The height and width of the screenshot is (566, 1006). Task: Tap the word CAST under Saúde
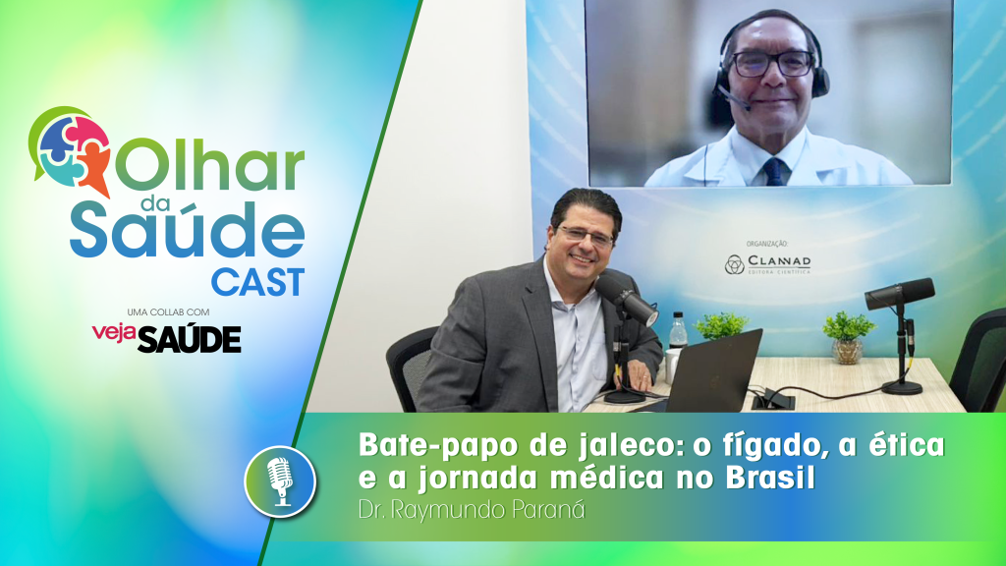click(x=257, y=282)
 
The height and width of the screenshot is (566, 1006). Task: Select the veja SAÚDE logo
click(x=166, y=338)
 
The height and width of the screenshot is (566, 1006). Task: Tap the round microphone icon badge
click(x=280, y=479)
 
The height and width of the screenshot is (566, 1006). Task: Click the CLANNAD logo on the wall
click(x=767, y=263)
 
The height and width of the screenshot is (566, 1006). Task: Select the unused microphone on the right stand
click(x=899, y=294)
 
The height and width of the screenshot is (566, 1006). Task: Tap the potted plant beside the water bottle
click(x=720, y=325)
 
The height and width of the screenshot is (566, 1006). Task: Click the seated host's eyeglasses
click(x=587, y=234)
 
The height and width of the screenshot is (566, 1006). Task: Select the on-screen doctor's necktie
click(x=775, y=172)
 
